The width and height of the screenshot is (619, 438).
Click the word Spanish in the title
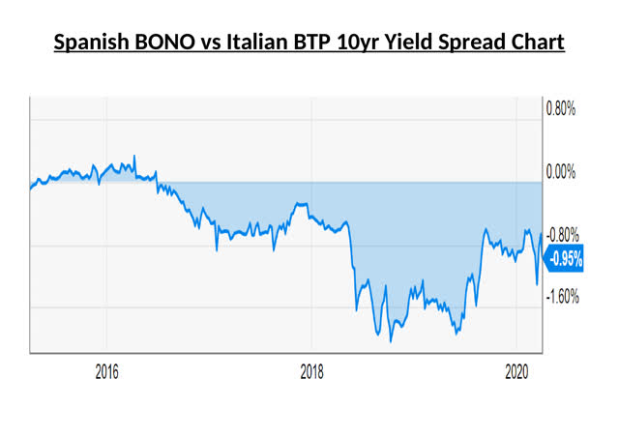tap(91, 44)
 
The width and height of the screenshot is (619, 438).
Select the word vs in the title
tap(216, 44)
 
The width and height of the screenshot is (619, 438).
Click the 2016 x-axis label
tap(106, 371)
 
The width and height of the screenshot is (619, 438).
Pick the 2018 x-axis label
tap(311, 371)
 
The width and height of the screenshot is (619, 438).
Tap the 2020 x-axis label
tap(516, 371)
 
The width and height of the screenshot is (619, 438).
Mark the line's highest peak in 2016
tap(133, 156)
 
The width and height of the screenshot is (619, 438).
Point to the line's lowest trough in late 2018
tap(391, 340)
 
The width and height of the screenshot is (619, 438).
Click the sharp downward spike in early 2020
tap(538, 284)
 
